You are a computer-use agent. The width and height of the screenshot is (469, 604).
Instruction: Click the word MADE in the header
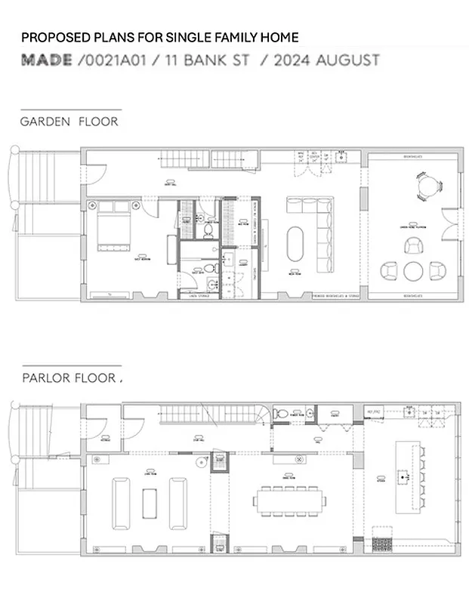coord(46,60)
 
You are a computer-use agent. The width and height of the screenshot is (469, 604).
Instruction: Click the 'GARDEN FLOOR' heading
coord(69,121)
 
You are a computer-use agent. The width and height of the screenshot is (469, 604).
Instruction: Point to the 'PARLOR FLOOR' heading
coord(69,377)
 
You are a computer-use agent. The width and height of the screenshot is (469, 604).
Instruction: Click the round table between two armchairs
coord(414,270)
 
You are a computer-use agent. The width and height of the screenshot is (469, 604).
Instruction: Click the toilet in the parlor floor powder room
coord(281,414)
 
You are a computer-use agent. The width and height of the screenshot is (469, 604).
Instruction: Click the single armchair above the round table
coord(414,245)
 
